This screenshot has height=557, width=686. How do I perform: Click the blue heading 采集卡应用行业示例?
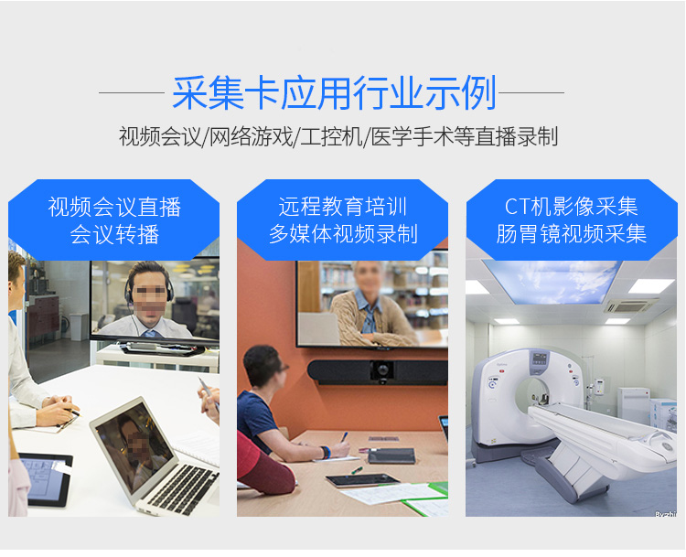tap(334, 92)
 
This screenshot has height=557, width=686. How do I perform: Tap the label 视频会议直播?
tap(114, 207)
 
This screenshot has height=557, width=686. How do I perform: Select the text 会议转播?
tap(114, 234)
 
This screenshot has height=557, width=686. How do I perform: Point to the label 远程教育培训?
tap(343, 207)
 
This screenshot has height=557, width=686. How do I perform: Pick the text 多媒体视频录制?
tap(343, 233)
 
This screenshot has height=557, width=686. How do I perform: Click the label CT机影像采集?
tap(571, 207)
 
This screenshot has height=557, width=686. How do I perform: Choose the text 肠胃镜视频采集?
tap(571, 233)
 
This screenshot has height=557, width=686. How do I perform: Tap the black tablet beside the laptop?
tap(45, 479)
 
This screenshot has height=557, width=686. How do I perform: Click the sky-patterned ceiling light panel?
tap(553, 280)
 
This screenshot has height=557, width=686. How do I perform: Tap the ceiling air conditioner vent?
tap(630, 305)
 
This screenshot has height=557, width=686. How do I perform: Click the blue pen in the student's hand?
tap(344, 437)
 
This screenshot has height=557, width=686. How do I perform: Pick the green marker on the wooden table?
tap(357, 471)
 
